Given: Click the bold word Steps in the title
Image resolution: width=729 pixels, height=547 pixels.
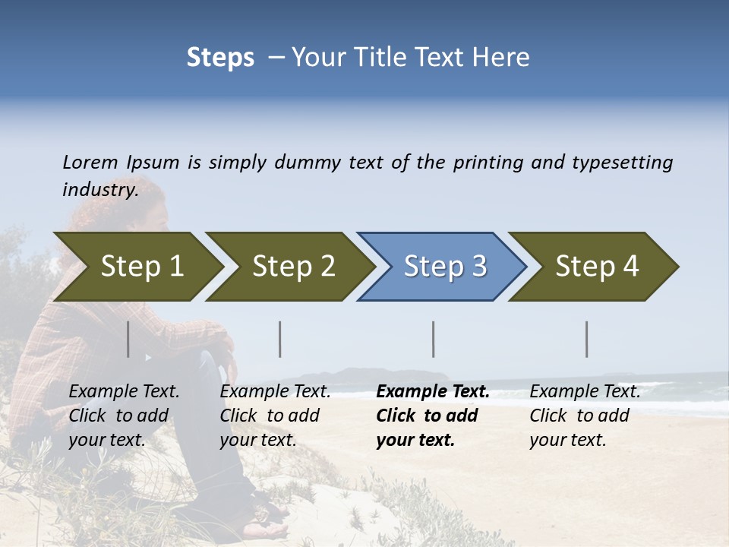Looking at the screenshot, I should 220,58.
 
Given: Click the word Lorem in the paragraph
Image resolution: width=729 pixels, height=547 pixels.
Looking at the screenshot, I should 90,163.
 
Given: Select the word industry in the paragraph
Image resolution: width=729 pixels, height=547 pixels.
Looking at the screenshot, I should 99,190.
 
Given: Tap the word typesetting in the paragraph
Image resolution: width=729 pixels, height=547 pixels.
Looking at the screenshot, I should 622,163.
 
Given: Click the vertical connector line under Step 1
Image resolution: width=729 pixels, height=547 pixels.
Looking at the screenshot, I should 128,339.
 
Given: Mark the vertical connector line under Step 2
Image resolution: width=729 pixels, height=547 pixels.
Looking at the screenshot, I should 280,339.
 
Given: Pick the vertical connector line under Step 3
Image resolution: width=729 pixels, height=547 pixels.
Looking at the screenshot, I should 434,339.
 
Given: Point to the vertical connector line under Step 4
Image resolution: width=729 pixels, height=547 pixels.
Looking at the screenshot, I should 587,339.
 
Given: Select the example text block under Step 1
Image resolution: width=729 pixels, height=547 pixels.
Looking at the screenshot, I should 124,416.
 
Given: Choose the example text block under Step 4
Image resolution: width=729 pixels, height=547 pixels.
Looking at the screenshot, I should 585,416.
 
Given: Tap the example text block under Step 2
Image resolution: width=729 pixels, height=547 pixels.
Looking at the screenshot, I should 275,416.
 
